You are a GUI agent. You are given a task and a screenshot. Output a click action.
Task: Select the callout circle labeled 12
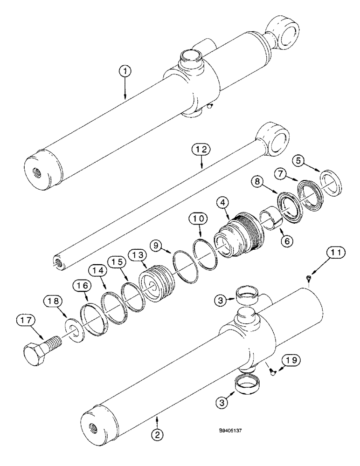click(201, 149)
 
